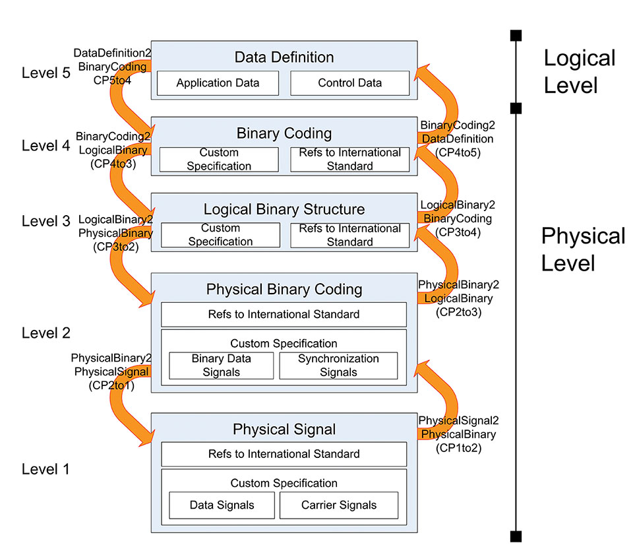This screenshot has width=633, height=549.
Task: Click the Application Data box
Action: coord(218,83)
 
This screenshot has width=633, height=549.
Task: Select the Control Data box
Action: coord(349,83)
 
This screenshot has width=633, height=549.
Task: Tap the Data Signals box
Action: coord(222,505)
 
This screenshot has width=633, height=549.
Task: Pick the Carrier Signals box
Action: coord(339,505)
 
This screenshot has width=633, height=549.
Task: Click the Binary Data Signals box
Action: coord(222,366)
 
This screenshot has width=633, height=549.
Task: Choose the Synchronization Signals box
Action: coord(338,366)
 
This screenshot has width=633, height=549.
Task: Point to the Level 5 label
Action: coord(45,73)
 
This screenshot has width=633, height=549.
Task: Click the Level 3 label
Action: coord(45,221)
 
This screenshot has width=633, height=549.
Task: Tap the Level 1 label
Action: coord(45,469)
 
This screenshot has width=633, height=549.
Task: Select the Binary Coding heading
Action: coord(284,133)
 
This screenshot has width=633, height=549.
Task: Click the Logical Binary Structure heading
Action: coord(284,210)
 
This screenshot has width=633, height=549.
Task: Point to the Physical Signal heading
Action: coord(284,430)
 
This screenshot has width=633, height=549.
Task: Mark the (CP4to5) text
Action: coord(458,152)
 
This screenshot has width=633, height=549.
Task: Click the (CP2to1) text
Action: coord(111,385)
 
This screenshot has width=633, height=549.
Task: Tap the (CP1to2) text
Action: coord(459,447)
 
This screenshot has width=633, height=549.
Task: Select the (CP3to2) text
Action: coord(112,246)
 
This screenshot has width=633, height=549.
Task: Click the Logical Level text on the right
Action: coord(579,71)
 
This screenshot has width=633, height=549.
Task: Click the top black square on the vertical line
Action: coord(516,34)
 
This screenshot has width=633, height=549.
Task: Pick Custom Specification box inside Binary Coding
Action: coord(219,159)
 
